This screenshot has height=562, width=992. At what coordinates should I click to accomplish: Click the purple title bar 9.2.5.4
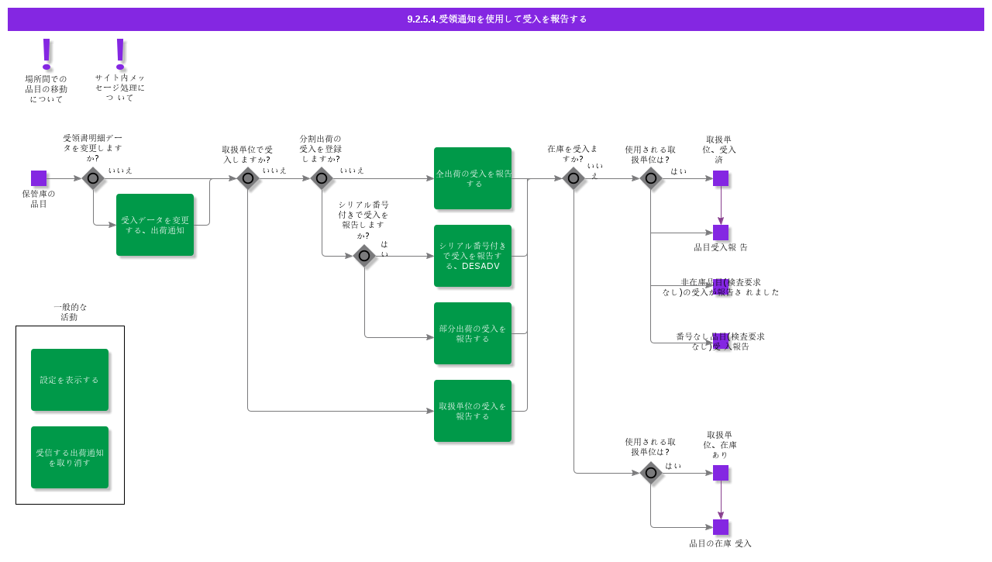496,19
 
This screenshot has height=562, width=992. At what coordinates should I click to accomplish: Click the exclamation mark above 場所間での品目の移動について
46,53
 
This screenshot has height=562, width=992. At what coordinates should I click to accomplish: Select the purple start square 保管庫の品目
39,178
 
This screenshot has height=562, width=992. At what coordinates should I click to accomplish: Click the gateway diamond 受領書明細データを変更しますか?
93,178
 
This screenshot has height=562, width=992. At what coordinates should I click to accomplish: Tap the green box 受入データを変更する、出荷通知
155,225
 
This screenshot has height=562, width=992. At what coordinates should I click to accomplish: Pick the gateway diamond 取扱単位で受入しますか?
248,178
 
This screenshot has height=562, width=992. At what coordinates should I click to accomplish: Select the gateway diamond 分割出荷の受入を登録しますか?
322,178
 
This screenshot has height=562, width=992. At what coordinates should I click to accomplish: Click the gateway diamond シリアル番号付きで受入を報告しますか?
364,256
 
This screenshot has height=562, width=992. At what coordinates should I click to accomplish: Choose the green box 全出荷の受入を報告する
473,178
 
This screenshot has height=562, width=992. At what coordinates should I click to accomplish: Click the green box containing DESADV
473,256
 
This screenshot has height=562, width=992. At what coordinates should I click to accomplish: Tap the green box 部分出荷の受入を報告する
473,333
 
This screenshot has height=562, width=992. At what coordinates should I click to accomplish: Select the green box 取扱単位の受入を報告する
473,411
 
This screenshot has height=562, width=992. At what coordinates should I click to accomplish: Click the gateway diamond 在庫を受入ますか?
573,178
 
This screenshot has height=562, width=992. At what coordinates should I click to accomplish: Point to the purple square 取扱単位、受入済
721,178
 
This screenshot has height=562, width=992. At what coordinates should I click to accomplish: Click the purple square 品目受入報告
721,233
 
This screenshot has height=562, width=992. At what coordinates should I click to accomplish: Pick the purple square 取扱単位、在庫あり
721,473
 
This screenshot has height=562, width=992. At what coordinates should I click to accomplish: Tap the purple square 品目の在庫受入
721,527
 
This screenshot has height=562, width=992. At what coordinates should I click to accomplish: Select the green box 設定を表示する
70,380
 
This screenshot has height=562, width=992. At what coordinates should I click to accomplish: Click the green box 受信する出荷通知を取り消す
70,457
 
